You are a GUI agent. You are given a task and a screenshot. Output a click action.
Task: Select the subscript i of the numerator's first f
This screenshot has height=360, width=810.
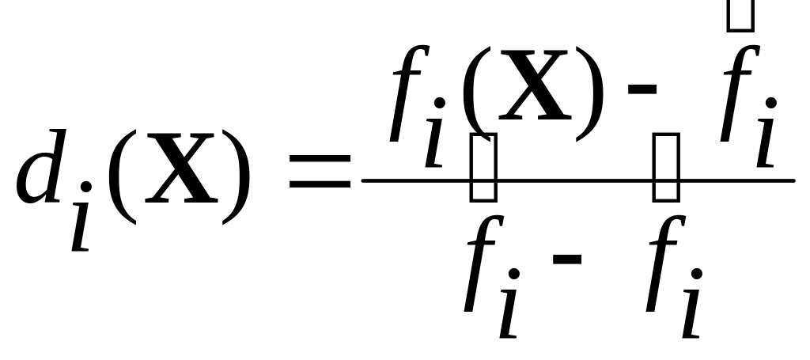pos(436,137)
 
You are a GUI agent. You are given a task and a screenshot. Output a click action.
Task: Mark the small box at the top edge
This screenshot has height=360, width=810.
pos(740,14)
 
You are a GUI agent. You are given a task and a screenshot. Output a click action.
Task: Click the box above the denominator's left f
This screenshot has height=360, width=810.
pos(483,167)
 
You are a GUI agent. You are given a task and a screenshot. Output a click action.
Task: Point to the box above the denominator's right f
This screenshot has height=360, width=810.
pos(666,167)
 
